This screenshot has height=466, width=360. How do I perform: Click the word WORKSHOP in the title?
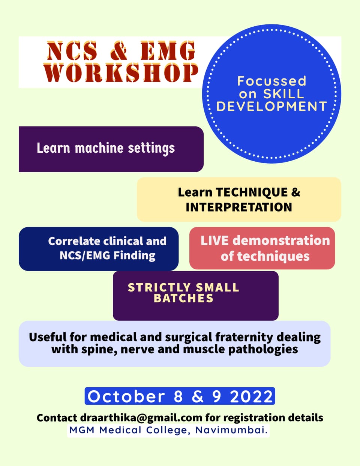pyautogui.click(x=121, y=73)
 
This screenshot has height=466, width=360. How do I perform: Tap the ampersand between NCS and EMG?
pyautogui.click(x=118, y=51)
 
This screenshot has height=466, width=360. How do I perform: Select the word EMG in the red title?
pyautogui.click(x=168, y=51)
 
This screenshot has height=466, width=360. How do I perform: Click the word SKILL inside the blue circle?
pyautogui.click(x=283, y=94)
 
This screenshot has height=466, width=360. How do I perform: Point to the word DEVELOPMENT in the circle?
pyautogui.click(x=271, y=106)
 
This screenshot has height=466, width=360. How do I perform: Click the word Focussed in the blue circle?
pyautogui.click(x=271, y=81)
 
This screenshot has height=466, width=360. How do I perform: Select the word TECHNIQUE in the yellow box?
pyautogui.click(x=252, y=192)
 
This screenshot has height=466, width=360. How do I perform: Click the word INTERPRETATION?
pyautogui.click(x=239, y=207)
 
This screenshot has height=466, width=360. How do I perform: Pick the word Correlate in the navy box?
pyautogui.click(x=74, y=241)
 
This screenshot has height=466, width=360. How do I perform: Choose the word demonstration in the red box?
pyautogui.click(x=281, y=240)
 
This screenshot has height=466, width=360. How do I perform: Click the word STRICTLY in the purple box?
pyautogui.click(x=159, y=287)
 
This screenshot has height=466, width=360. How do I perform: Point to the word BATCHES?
pyautogui.click(x=183, y=298)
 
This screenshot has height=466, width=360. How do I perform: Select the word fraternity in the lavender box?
pyautogui.click(x=244, y=337)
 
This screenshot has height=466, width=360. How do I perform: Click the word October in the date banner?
pyautogui.click(x=126, y=396)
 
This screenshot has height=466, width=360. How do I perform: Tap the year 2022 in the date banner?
pyautogui.click(x=251, y=396)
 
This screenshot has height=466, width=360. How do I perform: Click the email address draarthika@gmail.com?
pyautogui.click(x=141, y=418)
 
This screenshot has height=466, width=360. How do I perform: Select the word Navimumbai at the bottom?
pyautogui.click(x=232, y=430)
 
